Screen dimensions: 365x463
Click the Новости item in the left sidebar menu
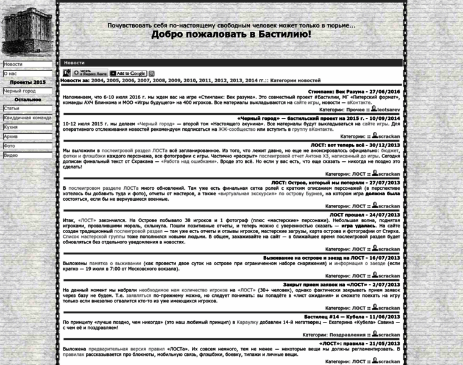pyautogui.click(x=13, y=64)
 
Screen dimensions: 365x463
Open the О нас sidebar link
pyautogui.click(x=10, y=73)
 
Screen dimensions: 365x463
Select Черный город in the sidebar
pyautogui.click(x=19, y=91)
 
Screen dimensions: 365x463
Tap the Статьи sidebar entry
pyautogui.click(x=12, y=108)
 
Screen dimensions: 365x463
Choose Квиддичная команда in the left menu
pyautogui.click(x=27, y=117)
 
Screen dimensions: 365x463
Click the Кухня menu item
pyautogui.click(x=11, y=127)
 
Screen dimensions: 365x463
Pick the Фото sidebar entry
pyautogui.click(x=9, y=146)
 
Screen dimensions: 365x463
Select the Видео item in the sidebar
pyautogui.click(x=11, y=155)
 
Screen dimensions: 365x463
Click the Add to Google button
pyautogui.click(x=128, y=74)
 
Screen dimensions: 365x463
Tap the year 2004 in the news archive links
pyautogui.click(x=97, y=80)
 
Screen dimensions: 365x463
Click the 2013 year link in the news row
pyautogui.click(x=236, y=80)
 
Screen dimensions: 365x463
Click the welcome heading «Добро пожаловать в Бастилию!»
pyautogui.click(x=231, y=35)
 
